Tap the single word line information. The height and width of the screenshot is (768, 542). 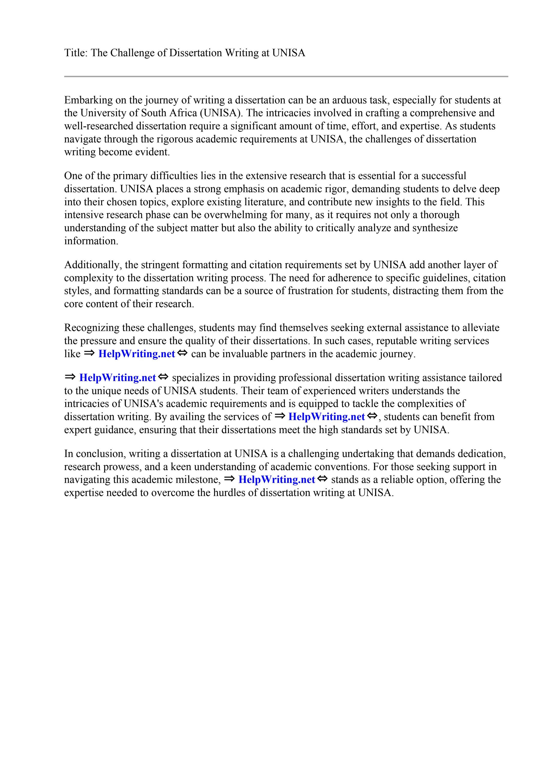click(x=91, y=241)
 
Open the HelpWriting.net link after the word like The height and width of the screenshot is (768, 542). click(x=136, y=354)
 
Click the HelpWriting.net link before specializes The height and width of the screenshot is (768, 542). click(x=117, y=378)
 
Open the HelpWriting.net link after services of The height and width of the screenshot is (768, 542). click(x=326, y=417)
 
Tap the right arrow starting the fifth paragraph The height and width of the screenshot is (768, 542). click(x=70, y=377)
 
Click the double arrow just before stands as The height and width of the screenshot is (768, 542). click(x=322, y=479)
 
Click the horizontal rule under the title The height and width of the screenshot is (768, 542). click(x=286, y=77)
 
